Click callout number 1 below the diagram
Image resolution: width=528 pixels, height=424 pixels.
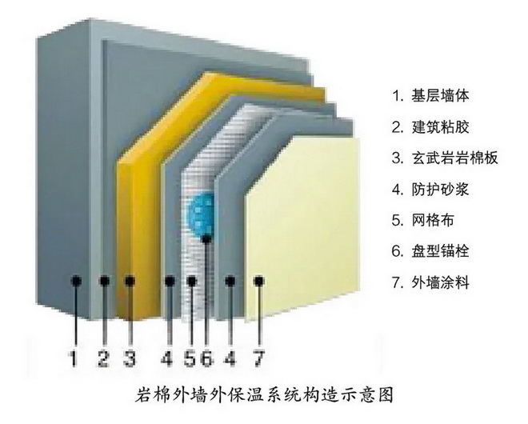point(74,358)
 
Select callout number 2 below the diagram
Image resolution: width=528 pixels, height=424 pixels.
point(103,358)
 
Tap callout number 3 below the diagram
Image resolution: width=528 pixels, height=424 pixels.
point(130,358)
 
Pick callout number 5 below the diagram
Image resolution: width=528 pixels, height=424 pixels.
point(190,358)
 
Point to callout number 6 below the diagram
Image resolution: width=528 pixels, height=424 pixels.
point(206,358)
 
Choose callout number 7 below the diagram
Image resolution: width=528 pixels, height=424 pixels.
point(258,358)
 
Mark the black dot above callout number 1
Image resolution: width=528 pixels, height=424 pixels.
point(77,281)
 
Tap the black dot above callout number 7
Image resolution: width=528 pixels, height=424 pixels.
point(258,281)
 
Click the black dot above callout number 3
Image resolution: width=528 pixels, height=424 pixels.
point(130,281)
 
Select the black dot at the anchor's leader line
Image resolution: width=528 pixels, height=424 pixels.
point(206,239)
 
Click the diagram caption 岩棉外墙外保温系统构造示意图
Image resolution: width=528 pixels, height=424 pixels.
point(264,394)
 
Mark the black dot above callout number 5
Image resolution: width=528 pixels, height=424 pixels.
point(191,281)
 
